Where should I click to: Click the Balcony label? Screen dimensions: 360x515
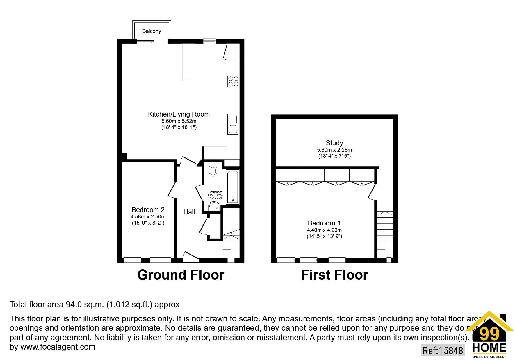click(x=152, y=31)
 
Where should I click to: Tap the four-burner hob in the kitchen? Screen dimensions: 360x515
click(x=233, y=81)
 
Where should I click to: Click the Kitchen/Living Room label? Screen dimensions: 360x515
click(x=179, y=114)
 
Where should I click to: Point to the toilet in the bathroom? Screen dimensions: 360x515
click(x=213, y=169)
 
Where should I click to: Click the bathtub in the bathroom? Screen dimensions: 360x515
click(x=233, y=187)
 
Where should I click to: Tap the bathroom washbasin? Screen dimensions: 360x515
click(x=214, y=206)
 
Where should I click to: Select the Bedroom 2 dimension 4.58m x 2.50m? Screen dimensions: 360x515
click(x=148, y=217)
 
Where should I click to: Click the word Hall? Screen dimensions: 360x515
click(x=189, y=212)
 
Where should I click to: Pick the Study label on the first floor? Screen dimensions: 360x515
click(x=334, y=143)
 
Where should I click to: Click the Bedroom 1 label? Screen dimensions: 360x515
click(x=324, y=223)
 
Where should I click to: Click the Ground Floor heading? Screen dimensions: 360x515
click(x=181, y=275)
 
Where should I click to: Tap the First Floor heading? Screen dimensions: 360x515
click(x=334, y=275)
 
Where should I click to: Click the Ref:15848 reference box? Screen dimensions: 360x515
click(x=443, y=350)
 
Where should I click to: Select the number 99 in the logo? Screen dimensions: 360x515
click(x=489, y=334)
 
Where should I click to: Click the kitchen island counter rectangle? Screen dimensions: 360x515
click(x=188, y=62)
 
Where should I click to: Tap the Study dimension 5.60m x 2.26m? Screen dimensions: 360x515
click(x=334, y=150)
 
